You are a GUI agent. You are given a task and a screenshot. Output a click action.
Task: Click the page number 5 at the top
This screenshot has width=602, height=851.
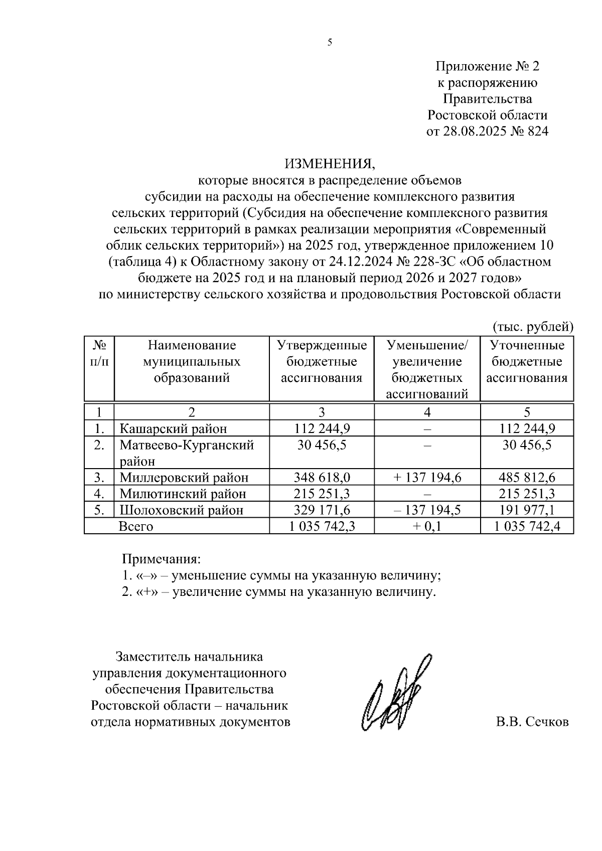330,43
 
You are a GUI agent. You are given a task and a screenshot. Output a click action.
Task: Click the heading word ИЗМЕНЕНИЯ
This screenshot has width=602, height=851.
330,163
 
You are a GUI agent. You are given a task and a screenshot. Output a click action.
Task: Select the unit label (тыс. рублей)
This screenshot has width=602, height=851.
533,327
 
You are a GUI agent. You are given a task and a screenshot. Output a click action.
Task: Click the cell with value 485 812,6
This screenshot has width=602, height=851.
527,477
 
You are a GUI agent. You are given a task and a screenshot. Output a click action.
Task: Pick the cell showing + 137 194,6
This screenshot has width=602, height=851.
427,477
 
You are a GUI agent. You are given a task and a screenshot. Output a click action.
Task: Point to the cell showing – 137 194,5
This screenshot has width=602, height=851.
427,510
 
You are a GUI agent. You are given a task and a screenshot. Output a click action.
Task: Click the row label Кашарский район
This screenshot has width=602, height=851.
173,429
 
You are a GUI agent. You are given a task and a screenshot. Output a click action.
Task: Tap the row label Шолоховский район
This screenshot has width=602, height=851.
181,510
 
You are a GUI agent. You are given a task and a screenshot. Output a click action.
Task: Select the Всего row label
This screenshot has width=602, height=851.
135,526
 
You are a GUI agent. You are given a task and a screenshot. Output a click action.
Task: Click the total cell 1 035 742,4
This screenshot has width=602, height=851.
527,526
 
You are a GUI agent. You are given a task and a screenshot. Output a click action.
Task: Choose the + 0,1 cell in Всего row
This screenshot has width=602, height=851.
427,526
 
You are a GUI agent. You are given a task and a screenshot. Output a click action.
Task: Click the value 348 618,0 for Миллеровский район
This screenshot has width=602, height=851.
322,477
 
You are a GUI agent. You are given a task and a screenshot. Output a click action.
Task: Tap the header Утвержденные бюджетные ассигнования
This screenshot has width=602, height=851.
322,361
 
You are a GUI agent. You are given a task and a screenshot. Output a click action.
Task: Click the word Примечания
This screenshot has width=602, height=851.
162,558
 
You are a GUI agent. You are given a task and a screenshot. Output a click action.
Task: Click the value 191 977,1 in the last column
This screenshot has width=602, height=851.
527,510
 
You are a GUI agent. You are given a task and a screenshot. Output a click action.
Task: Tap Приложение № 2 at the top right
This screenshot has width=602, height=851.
487,66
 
